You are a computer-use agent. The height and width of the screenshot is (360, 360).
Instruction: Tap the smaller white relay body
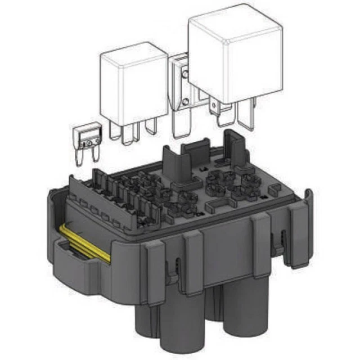134,87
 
